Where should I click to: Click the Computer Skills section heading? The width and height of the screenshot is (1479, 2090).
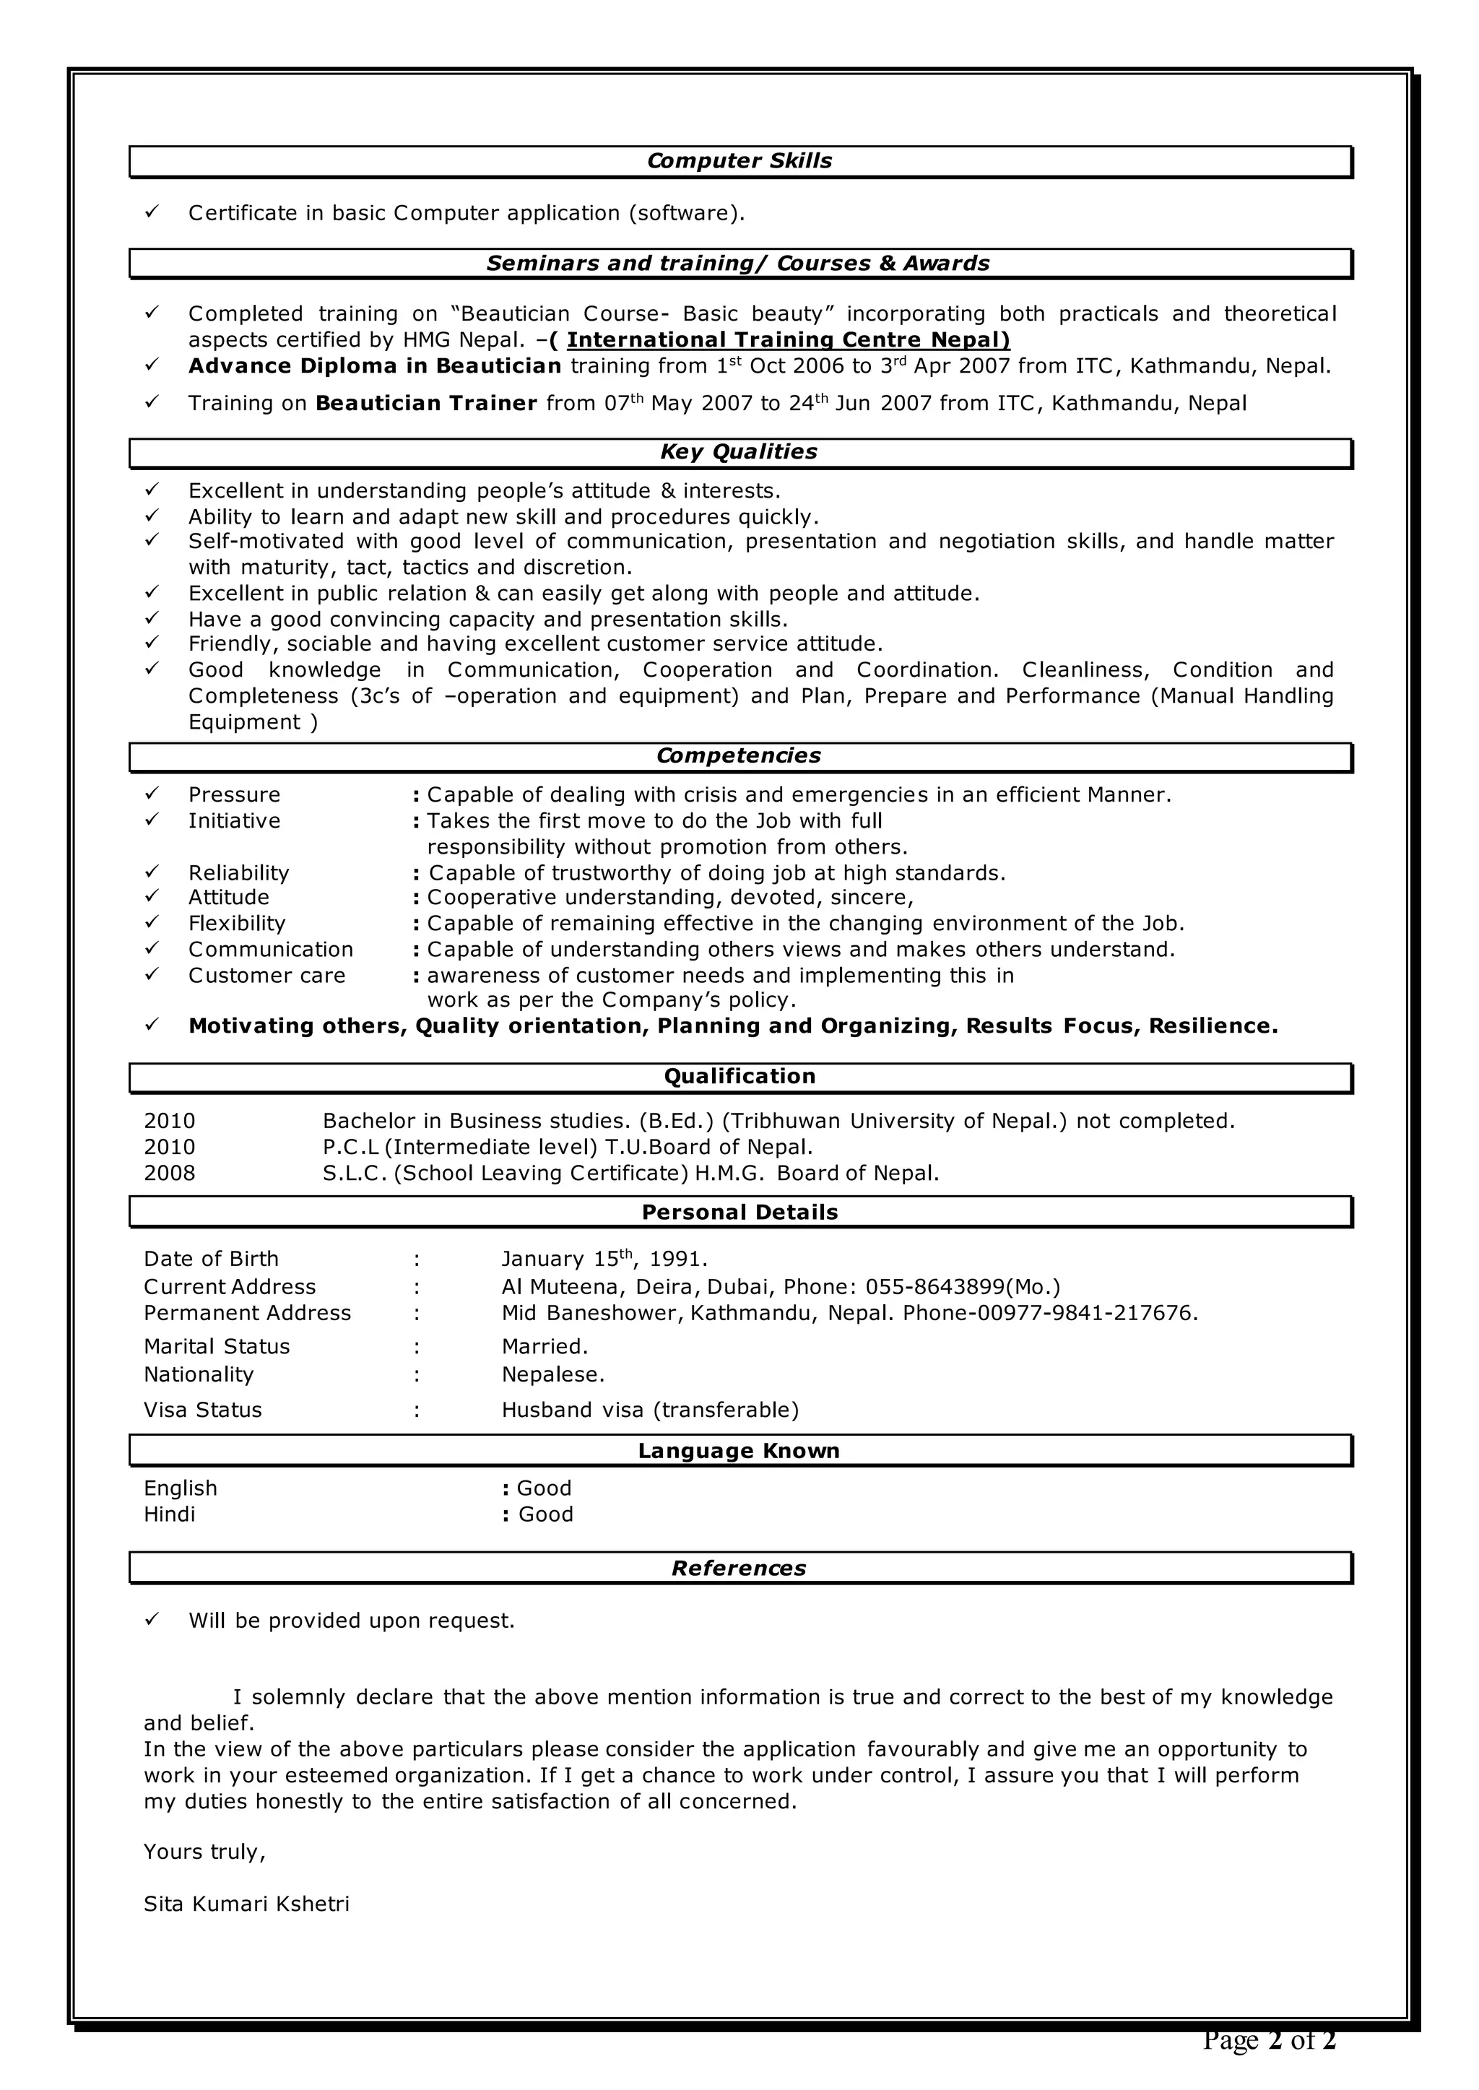(739, 161)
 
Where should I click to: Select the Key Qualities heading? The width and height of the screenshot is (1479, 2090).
(739, 451)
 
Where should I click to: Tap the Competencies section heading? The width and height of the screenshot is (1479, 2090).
(739, 756)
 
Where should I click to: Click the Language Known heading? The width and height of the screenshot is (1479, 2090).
(739, 1451)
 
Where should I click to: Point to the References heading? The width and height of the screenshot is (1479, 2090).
(739, 1568)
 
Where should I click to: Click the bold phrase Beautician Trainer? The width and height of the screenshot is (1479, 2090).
(426, 404)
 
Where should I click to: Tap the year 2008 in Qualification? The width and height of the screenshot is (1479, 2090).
(170, 1173)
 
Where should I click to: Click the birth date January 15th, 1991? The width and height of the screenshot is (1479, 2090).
(604, 1259)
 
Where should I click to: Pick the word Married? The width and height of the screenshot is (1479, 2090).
(545, 1346)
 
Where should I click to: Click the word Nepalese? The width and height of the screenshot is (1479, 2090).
(552, 1374)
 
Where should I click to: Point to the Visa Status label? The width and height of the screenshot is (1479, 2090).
(202, 1410)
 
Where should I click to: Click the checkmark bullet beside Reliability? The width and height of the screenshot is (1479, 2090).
(152, 872)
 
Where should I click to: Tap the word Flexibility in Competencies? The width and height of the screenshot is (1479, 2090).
(237, 924)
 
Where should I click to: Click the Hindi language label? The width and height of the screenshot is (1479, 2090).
(170, 1514)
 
